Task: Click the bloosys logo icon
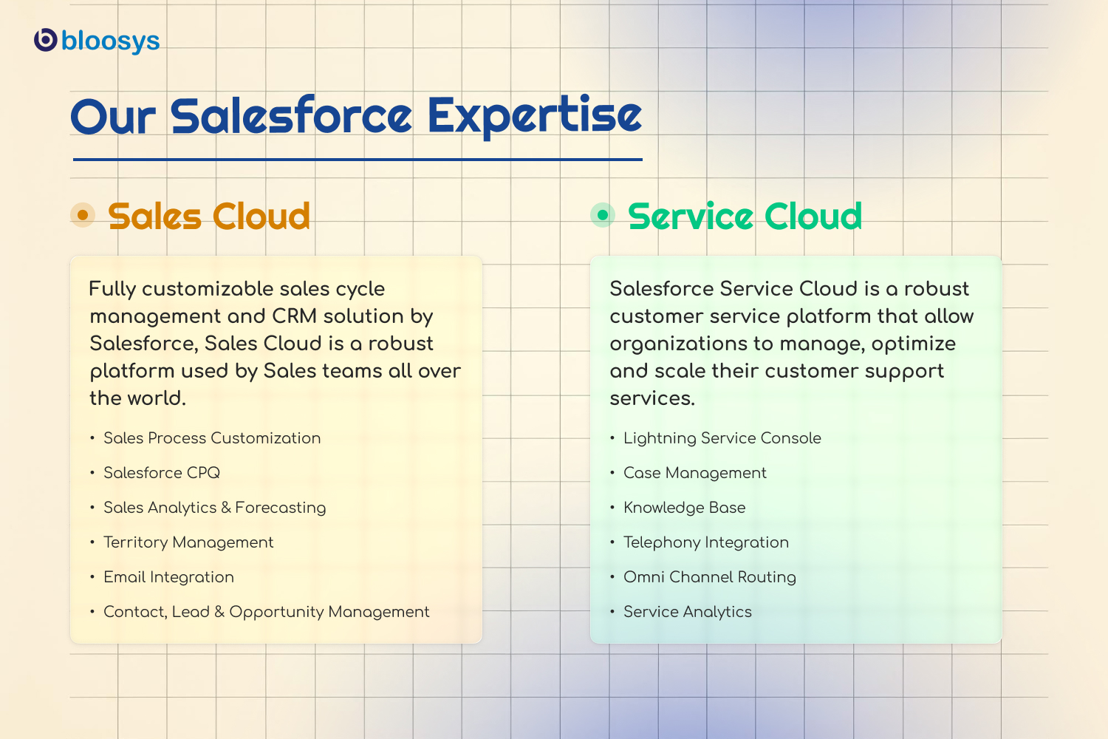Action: pos(46,40)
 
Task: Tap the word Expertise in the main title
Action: pos(534,116)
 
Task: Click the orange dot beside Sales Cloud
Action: pos(83,215)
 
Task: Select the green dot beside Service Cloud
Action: pos(603,215)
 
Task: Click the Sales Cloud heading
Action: pos(209,217)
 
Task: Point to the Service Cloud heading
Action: pos(745,217)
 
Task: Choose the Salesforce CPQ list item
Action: pos(162,473)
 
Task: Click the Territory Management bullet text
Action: pos(188,542)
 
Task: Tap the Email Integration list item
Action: pos(168,577)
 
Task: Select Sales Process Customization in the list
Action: pos(212,438)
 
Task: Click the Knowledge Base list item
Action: pos(685,508)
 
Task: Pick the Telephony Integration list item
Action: pos(706,542)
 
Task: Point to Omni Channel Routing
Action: pos(710,577)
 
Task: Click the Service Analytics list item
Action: pos(688,612)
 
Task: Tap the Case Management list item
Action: pos(695,473)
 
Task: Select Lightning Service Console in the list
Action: pos(722,438)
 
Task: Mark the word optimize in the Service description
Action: pos(914,344)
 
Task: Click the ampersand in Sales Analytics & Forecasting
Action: pos(226,508)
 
